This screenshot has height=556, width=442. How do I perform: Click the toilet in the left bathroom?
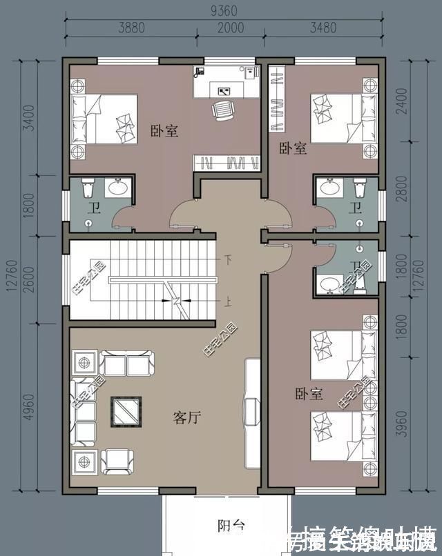pyautogui.click(x=87, y=188)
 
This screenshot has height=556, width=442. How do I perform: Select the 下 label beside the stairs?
pyautogui.click(x=227, y=260)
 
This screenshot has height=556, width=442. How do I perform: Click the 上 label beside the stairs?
pyautogui.click(x=227, y=301)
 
